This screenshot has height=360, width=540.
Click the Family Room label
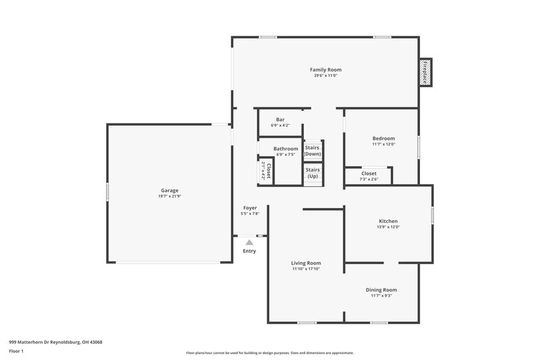[x=325, y=70]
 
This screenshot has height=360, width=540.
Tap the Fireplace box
[x=425, y=72]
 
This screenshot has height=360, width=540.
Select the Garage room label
[x=169, y=190]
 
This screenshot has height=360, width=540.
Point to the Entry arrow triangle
[x=249, y=242]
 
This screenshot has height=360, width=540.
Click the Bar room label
[x=280, y=120]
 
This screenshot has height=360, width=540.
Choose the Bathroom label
[x=286, y=149]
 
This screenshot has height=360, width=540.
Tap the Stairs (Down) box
[x=313, y=151]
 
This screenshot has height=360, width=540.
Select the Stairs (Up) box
[x=313, y=173]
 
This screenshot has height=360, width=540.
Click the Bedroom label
[x=383, y=138]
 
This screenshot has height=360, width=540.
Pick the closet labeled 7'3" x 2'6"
[x=369, y=176]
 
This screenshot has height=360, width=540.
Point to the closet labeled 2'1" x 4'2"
[x=266, y=172]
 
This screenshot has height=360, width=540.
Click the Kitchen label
[x=388, y=221]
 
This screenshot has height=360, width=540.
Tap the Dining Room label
[x=381, y=290]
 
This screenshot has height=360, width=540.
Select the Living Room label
[x=306, y=263]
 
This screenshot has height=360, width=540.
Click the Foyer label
[x=250, y=208]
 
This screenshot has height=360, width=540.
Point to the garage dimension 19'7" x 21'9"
[x=169, y=197]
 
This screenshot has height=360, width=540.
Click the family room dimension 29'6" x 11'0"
[x=325, y=76]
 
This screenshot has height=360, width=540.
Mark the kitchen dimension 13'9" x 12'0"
[x=388, y=227]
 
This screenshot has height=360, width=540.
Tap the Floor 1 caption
[x=16, y=352]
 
